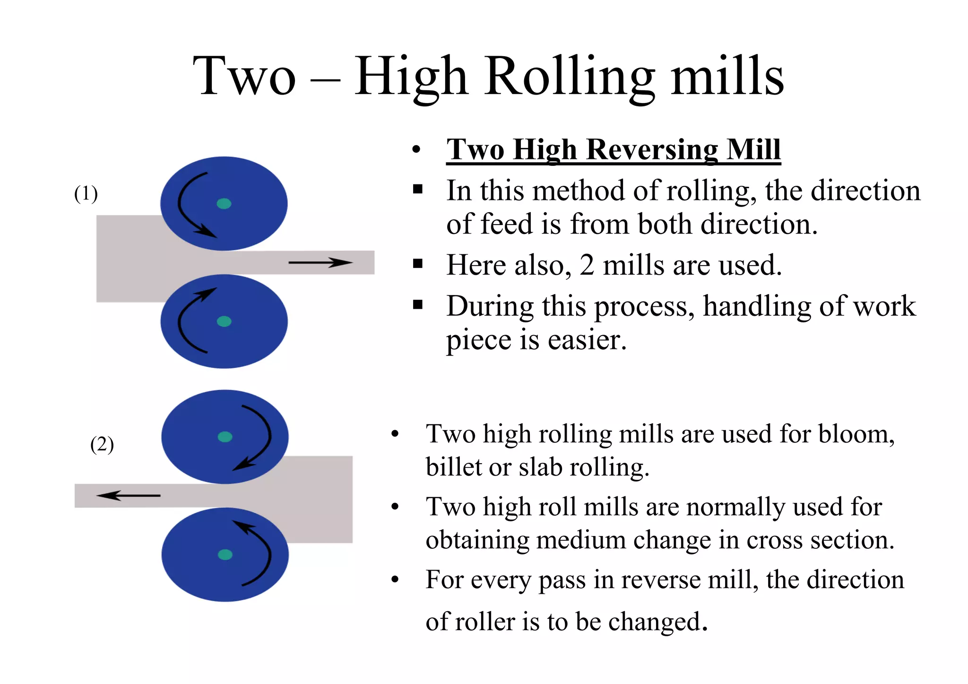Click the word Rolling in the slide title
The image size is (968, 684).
(570, 76)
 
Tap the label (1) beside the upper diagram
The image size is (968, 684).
(86, 194)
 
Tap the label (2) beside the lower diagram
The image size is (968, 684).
(102, 444)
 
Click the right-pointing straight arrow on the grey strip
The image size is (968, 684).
(320, 262)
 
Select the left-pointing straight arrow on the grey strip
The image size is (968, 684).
(128, 495)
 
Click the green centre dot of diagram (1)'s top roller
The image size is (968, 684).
(224, 204)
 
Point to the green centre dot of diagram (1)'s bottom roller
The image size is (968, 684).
(224, 321)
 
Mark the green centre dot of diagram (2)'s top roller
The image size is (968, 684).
(225, 437)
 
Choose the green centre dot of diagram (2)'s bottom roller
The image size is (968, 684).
(225, 554)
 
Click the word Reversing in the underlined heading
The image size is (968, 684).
(652, 150)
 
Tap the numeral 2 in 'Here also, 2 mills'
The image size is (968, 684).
(587, 265)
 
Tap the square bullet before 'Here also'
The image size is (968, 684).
(417, 263)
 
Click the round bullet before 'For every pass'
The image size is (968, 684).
(395, 580)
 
